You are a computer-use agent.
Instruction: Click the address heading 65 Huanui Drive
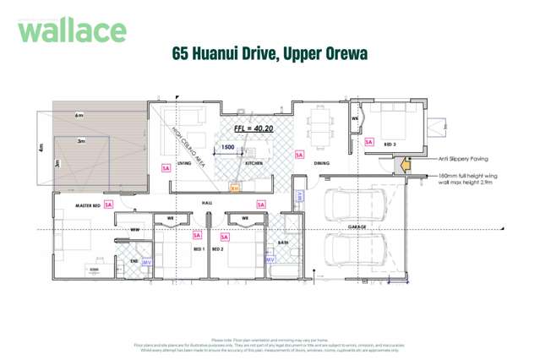pos(270,55)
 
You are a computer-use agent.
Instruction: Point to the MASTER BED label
pos(88,205)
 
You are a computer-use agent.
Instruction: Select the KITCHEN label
pos(256,163)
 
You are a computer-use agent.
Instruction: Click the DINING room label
pos(321,163)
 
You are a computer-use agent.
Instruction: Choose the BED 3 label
pos(390,145)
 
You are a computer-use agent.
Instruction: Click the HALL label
pos(207,204)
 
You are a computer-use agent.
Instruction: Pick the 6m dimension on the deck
pos(79,115)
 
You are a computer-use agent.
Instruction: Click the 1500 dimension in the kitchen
pos(227,148)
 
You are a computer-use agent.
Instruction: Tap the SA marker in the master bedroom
pos(109,205)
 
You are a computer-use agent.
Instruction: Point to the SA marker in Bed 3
pos(368,142)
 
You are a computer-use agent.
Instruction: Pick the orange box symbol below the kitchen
pos(235,188)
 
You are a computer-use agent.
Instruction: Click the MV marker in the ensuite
pos(146,263)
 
